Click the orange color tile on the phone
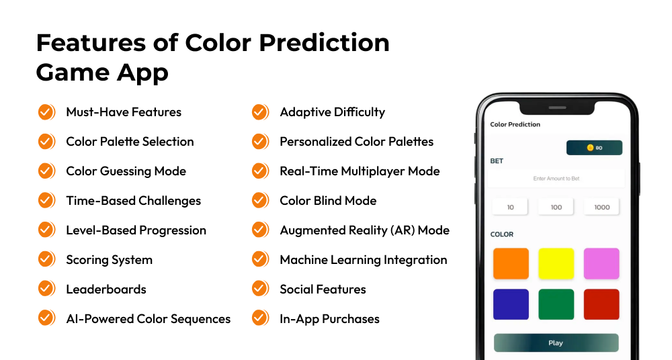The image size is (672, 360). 511,264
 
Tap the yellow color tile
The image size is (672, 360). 556,264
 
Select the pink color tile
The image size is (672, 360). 601,264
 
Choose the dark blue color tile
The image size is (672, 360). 511,304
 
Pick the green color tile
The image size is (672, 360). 556,304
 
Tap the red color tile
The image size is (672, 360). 601,304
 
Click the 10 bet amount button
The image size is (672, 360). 511,207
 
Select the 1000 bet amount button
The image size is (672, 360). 601,207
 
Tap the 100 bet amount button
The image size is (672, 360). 556,207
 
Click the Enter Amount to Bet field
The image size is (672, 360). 556,179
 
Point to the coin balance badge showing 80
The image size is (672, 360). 594,148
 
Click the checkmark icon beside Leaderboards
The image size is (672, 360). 46,289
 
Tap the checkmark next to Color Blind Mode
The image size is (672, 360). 260,201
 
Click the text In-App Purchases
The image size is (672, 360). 329,319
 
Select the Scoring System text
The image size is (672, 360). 109,260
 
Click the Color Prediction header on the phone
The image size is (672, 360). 515,124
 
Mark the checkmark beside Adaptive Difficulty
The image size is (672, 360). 260,112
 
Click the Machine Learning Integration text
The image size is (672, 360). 363,260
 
